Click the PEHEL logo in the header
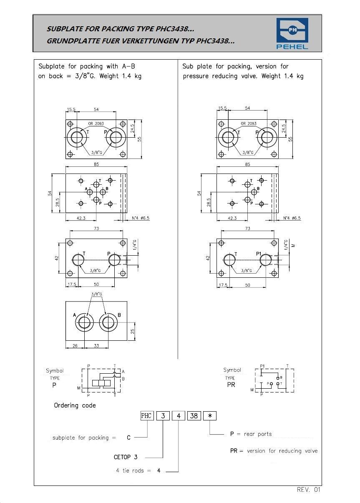tap(292, 33)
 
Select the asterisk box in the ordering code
tap(209, 416)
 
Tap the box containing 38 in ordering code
tap(194, 416)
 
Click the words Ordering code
tap(75, 405)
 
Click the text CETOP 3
tap(126, 457)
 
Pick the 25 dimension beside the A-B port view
tap(133, 331)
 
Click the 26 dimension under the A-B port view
tap(75, 346)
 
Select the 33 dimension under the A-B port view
tap(96, 346)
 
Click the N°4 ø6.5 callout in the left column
tap(141, 218)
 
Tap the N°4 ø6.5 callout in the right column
tap(292, 218)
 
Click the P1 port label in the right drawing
tap(259, 254)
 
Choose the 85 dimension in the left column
tap(96, 164)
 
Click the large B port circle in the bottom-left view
tap(108, 322)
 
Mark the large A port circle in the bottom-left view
tap(84, 322)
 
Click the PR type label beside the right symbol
tap(231, 385)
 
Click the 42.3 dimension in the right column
tap(232, 218)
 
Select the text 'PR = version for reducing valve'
tap(274, 451)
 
